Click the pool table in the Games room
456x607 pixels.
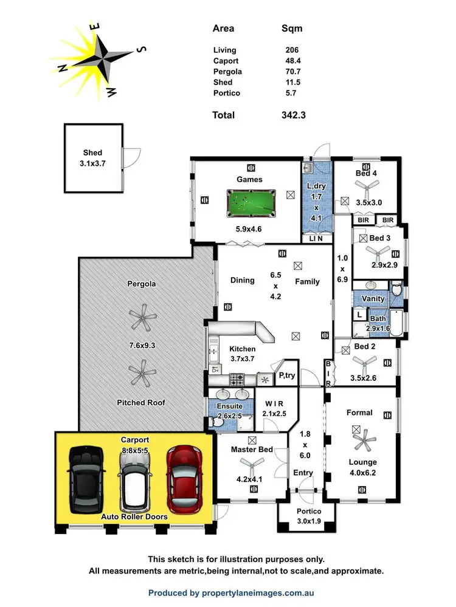coord(250,202)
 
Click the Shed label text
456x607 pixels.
coord(92,153)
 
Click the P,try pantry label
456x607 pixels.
coord(287,376)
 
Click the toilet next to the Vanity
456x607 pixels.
coord(396,291)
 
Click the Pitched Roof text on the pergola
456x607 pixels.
coord(142,402)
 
